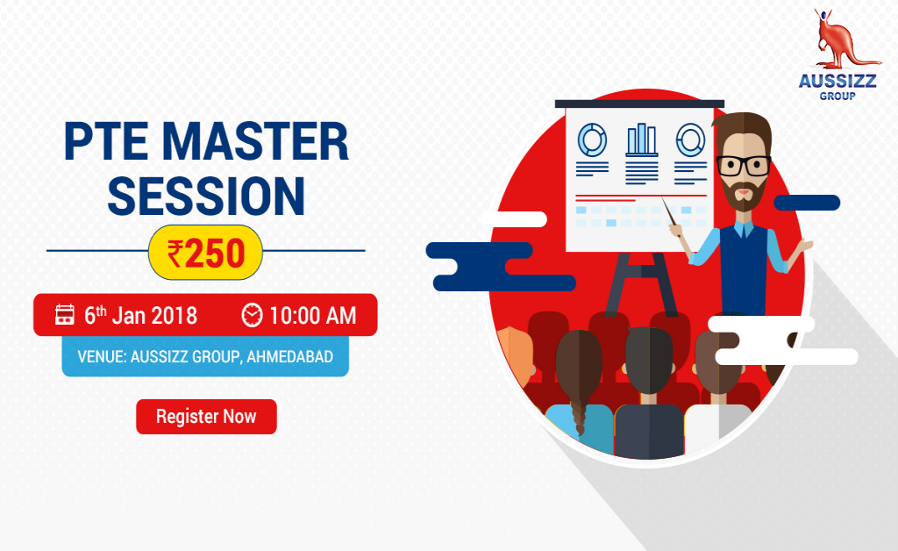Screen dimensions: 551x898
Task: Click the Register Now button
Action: (x=206, y=417)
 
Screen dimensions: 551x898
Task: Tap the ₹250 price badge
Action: (x=206, y=253)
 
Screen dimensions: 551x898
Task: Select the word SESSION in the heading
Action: (x=206, y=196)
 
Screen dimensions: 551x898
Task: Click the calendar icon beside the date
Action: (x=65, y=315)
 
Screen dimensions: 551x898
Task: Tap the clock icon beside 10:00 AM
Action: (x=252, y=315)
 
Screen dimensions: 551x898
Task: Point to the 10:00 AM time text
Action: (x=312, y=315)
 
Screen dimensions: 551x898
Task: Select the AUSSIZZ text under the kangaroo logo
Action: (x=837, y=82)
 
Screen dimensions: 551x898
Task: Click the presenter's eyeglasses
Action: (x=743, y=165)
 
